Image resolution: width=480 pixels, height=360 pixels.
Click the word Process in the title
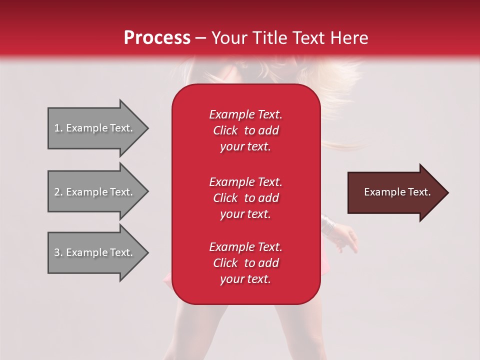click(x=157, y=38)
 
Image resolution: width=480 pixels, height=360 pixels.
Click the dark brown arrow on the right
click(x=395, y=192)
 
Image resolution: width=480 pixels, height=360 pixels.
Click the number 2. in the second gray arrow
click(x=58, y=192)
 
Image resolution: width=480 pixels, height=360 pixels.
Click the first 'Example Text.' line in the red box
click(x=245, y=114)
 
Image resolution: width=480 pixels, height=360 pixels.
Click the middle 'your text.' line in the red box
click(x=245, y=214)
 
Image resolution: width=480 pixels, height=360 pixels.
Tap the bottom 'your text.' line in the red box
click(x=245, y=279)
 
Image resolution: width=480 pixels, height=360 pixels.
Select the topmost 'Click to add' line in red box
click(x=245, y=130)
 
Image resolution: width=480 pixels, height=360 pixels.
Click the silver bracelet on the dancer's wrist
click(x=327, y=224)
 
